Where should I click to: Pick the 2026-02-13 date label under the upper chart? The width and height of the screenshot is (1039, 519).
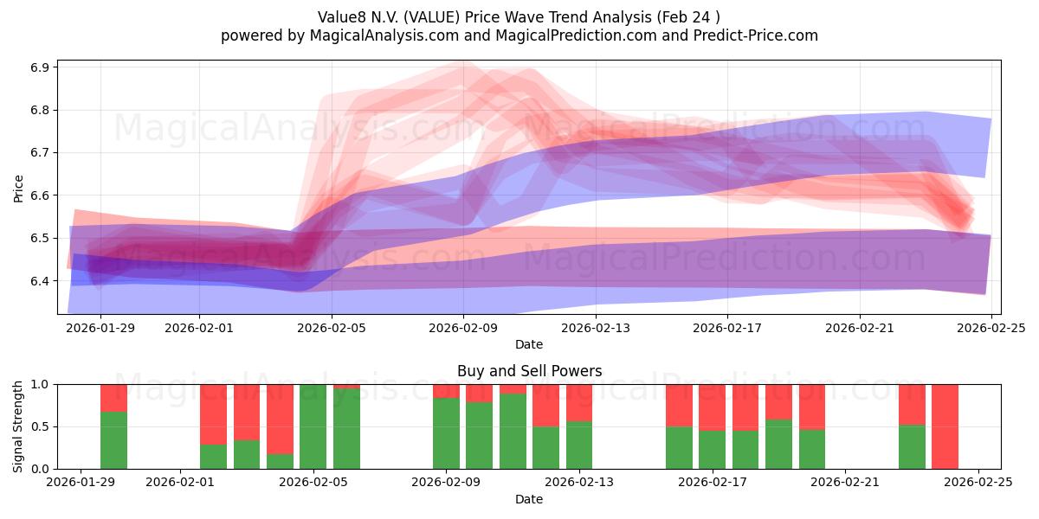click(596, 327)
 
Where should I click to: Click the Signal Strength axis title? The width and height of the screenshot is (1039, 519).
click(19, 426)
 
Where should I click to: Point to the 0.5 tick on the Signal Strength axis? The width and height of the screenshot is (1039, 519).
click(39, 426)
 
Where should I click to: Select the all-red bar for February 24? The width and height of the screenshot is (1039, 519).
click(945, 426)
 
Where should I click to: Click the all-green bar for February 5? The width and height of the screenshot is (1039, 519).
click(313, 426)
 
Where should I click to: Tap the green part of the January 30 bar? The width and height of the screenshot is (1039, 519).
click(113, 440)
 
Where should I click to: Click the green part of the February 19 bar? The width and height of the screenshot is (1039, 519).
click(778, 445)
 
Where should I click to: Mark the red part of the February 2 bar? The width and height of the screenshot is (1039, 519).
click(213, 413)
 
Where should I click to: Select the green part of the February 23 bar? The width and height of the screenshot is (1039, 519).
click(912, 447)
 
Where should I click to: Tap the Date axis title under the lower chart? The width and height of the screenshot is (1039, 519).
click(529, 500)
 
